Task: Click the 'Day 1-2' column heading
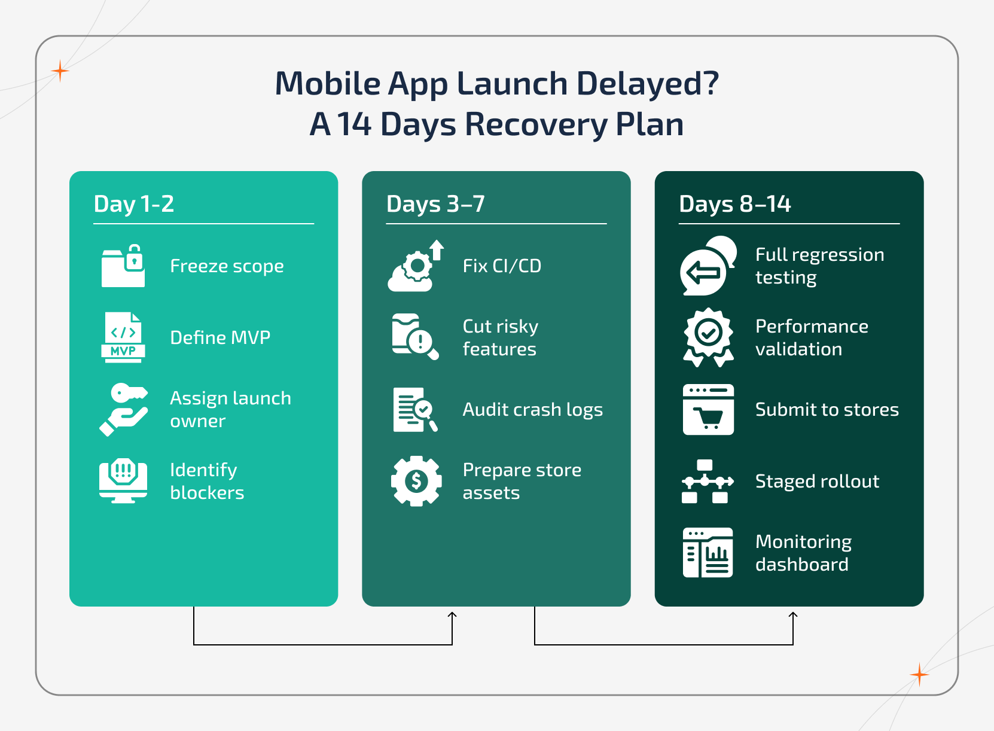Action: click(x=134, y=204)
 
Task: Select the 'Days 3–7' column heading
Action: click(x=435, y=204)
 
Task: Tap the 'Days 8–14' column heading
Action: click(x=735, y=204)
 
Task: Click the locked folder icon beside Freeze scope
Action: click(x=123, y=266)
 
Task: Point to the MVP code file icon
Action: click(x=123, y=337)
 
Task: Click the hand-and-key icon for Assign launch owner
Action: click(x=124, y=410)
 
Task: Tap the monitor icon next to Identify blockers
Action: click(x=123, y=481)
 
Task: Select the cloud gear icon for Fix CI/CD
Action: click(x=416, y=266)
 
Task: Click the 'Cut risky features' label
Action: click(x=500, y=337)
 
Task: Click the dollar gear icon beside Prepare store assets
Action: click(x=416, y=481)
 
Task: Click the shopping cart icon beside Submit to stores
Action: click(x=708, y=410)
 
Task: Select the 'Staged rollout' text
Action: click(x=817, y=481)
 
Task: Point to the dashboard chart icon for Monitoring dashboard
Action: click(x=708, y=553)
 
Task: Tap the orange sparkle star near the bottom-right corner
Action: click(x=919, y=675)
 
